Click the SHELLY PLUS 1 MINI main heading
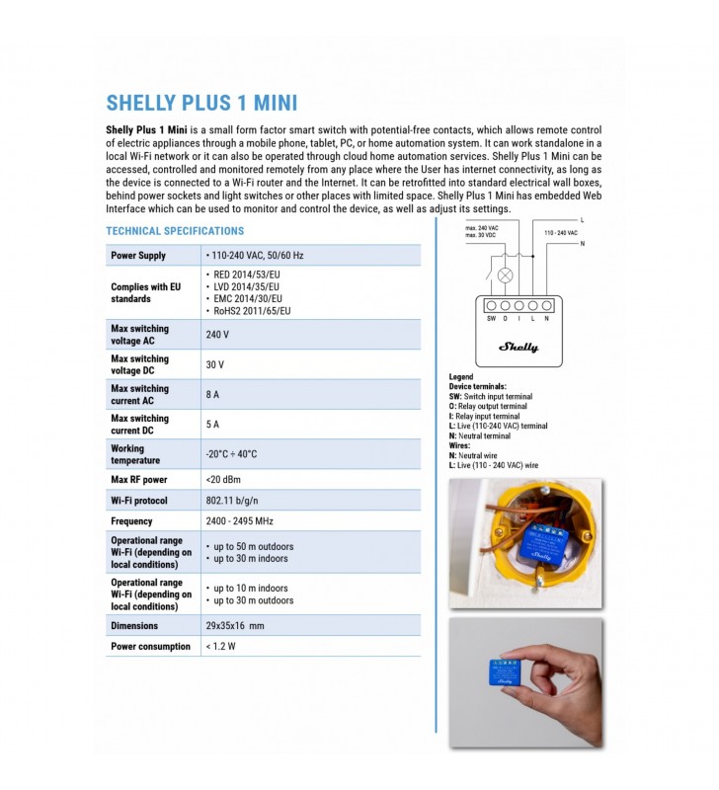point(201,104)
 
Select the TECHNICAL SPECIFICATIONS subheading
point(175,231)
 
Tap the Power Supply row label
point(138,256)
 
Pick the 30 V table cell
point(214,364)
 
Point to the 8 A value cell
point(212,394)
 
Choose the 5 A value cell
point(212,424)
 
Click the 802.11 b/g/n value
point(233,501)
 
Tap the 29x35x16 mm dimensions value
point(234,626)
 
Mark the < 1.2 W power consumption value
point(220,647)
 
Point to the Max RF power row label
point(138,480)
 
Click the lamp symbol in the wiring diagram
point(505,276)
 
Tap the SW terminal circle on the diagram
point(491,306)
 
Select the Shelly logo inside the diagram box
point(518,347)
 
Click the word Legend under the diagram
point(461,377)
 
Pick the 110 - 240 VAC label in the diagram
point(561,233)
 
